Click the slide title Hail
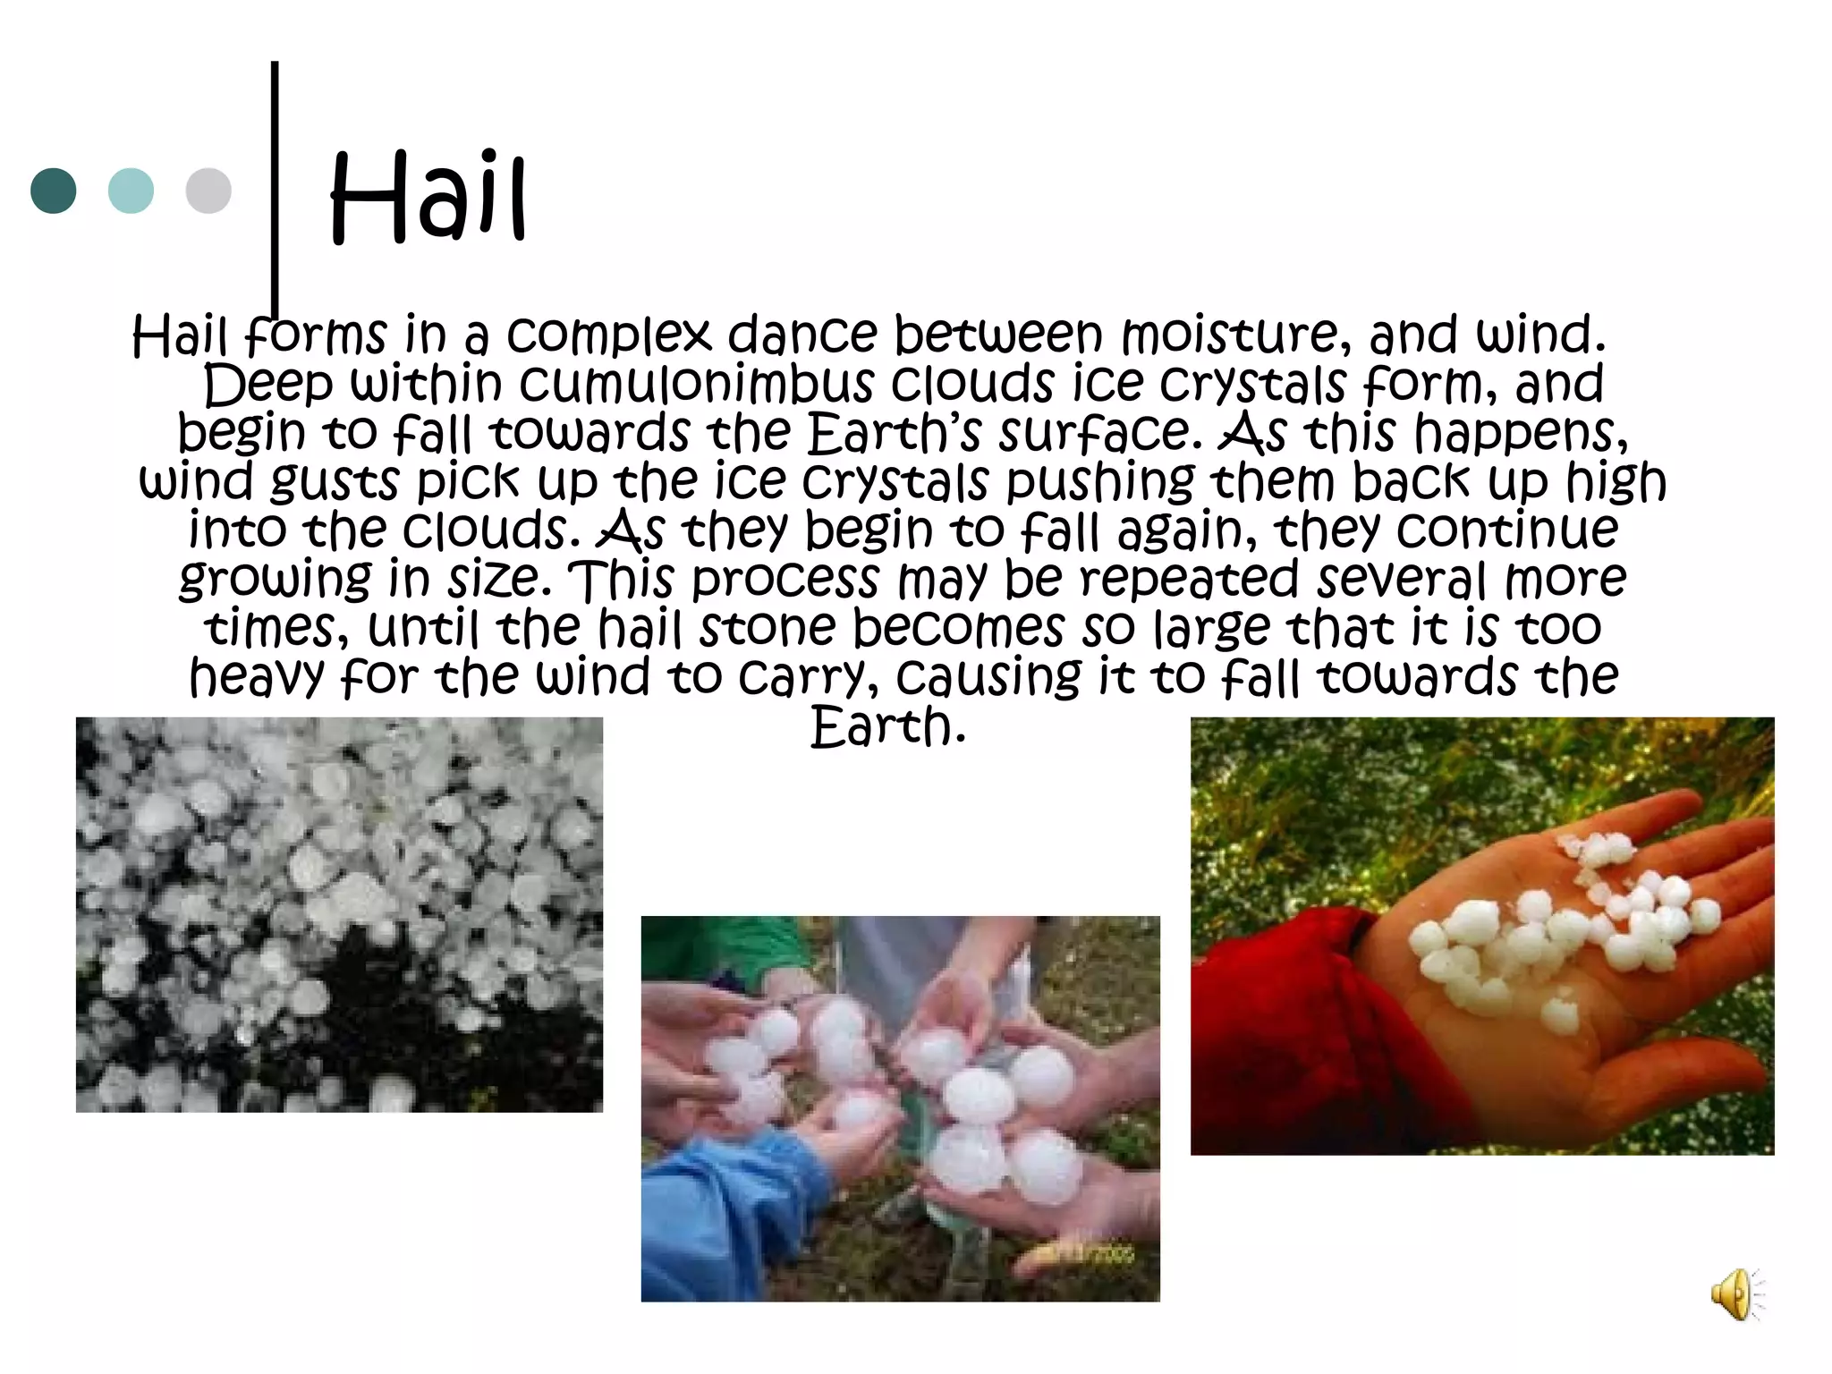tap(428, 199)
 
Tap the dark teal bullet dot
tap(54, 191)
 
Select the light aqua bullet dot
tap(131, 191)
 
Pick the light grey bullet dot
tap(208, 191)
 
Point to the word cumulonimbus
tap(697, 384)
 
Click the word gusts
tap(335, 483)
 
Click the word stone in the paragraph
tap(767, 628)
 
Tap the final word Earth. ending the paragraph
tap(887, 726)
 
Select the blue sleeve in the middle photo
tap(716, 1208)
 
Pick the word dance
tap(802, 335)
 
